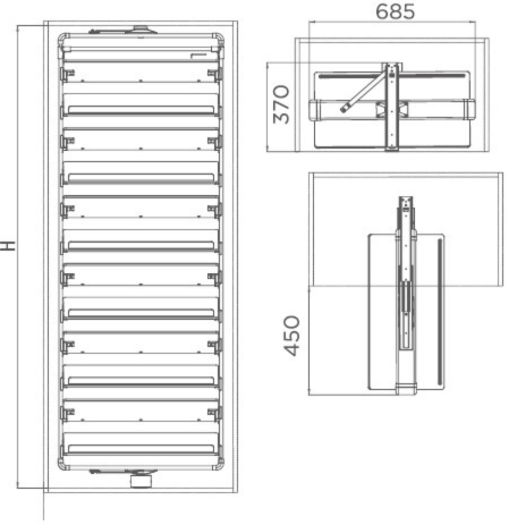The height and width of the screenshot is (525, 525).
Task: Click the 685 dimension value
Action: (x=395, y=11)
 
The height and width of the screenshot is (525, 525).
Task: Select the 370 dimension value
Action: (x=281, y=105)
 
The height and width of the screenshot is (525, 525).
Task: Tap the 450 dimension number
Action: (x=292, y=335)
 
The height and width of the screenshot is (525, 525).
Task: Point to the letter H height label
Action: (x=8, y=246)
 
